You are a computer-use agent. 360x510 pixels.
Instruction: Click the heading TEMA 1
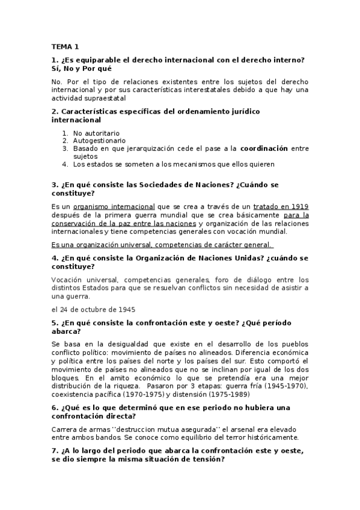[x=65, y=46]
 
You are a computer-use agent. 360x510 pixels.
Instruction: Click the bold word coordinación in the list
[x=264, y=148]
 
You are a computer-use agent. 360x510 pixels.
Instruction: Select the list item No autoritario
[x=96, y=133]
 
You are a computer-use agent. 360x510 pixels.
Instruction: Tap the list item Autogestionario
[x=99, y=140]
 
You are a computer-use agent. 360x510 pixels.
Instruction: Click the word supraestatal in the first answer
[x=104, y=97]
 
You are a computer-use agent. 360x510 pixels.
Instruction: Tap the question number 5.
[x=55, y=322]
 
